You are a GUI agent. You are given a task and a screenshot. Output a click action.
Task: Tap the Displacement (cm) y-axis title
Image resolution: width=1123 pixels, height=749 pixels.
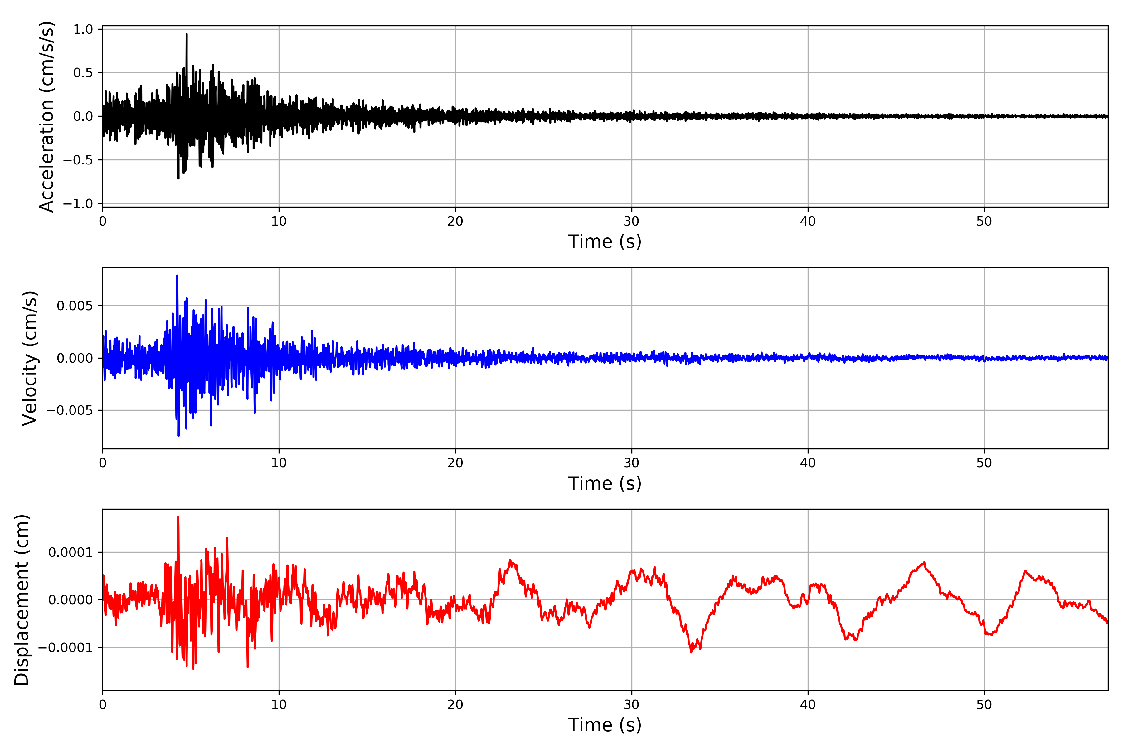click(22, 600)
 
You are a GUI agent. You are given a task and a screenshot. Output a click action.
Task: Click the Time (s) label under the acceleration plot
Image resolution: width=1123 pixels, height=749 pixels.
click(605, 242)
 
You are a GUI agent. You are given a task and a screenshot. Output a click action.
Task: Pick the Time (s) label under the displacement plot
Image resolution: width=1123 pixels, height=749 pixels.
click(605, 725)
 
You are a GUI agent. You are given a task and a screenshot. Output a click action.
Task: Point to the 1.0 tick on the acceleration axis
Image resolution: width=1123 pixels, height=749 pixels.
click(83, 30)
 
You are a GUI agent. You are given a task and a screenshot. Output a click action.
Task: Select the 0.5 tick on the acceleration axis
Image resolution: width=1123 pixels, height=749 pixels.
click(83, 73)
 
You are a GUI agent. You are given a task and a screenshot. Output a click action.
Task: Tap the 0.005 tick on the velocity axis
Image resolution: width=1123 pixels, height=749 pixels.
click(75, 306)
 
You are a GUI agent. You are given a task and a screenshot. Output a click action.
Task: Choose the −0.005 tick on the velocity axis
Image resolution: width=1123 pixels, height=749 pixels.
click(70, 410)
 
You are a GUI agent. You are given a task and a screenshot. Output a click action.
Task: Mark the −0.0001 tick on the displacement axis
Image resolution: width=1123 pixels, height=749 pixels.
click(66, 648)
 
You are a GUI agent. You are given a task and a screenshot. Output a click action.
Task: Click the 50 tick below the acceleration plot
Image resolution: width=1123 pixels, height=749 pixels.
click(984, 222)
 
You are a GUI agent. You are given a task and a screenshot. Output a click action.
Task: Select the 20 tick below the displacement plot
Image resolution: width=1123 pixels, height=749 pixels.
click(455, 705)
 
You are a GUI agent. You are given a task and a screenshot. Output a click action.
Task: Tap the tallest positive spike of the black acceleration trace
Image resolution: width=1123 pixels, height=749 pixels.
click(187, 34)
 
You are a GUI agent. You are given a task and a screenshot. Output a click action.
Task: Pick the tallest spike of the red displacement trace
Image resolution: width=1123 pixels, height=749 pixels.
click(178, 517)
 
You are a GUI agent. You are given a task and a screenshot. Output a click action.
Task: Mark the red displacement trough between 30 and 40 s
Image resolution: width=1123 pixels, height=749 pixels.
click(691, 652)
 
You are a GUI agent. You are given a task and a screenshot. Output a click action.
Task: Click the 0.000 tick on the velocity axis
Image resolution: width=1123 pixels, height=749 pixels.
click(75, 358)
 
